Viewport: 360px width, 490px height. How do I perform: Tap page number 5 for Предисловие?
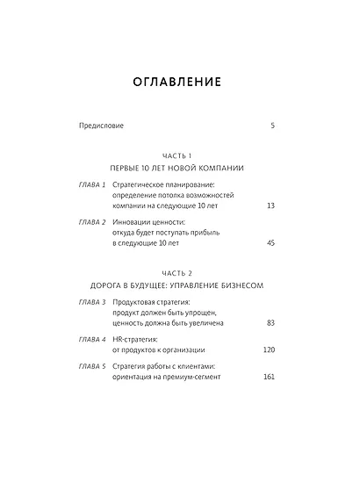click(272, 126)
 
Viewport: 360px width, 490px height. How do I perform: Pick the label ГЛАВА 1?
click(92, 185)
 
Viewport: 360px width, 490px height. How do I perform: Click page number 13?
click(270, 205)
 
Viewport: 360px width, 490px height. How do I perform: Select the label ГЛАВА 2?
click(92, 223)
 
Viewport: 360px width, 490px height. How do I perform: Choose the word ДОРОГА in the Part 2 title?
click(111, 286)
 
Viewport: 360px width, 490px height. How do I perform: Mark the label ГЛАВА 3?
click(92, 303)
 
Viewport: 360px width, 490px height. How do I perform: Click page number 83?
click(270, 323)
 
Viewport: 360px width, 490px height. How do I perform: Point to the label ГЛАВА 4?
click(92, 339)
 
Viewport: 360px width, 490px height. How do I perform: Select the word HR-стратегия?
click(135, 339)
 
